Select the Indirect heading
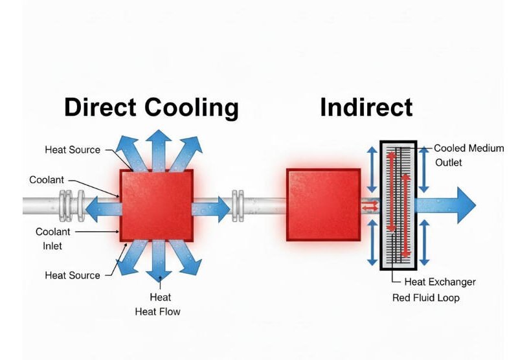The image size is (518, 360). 366,107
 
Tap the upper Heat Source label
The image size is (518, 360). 73,150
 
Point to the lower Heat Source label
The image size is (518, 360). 73,275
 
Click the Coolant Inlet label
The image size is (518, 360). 54,238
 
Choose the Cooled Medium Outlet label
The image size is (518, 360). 467,155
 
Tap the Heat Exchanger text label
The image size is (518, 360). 440,282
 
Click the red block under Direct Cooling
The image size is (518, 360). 157,205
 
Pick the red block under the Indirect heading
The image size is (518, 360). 323,205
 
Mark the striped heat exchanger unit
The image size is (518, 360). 398,205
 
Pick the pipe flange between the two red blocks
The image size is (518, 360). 238,205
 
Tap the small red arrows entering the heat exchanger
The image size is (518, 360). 370,206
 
